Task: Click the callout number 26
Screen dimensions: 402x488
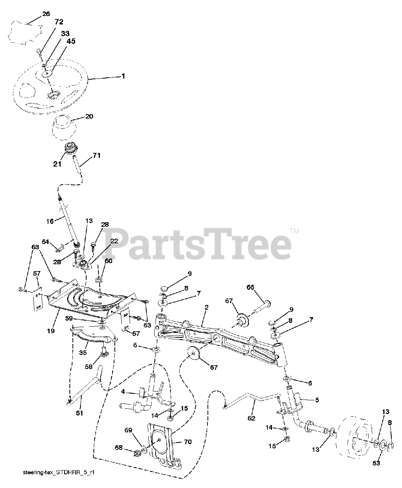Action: [x=46, y=14]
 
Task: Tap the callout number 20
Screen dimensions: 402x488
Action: [x=89, y=117]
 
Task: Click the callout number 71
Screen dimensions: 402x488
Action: [x=96, y=156]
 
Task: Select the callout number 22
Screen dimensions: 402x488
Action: [x=114, y=241]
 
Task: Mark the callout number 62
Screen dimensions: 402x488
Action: [x=251, y=418]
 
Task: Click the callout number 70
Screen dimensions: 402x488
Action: [x=188, y=442]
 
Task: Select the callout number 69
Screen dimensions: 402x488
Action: [x=128, y=430]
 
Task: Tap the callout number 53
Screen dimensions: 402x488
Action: [x=377, y=463]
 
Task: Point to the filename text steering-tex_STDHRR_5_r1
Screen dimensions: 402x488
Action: [x=59, y=473]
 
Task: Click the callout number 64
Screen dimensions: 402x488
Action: [x=45, y=241]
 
